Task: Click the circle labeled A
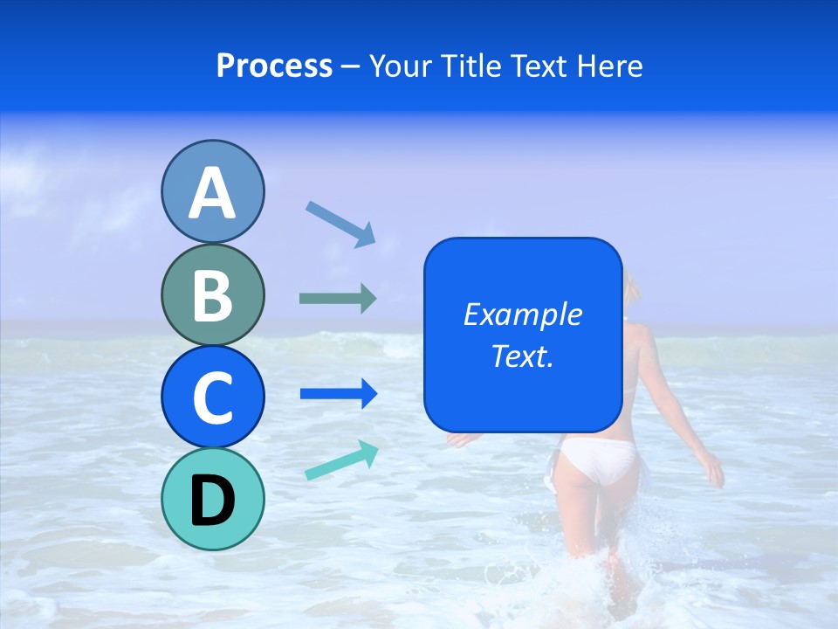212,191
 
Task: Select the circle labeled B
212,294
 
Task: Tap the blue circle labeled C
212,397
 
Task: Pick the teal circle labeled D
212,499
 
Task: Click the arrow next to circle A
340,224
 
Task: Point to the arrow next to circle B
338,299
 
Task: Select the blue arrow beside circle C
338,394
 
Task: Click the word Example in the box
522,314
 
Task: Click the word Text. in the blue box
522,356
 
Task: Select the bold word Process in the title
274,66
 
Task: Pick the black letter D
212,501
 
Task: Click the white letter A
212,193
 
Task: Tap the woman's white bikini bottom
599,459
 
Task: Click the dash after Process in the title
351,67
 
